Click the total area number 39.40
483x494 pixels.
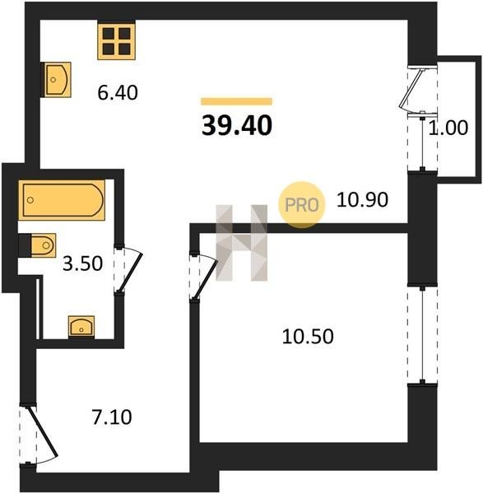coord(237,125)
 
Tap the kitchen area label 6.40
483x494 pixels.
coord(118,92)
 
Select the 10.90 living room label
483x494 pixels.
coord(362,200)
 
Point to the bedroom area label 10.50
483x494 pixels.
coord(308,336)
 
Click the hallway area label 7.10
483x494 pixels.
coord(112,417)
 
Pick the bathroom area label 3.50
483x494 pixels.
coord(82,263)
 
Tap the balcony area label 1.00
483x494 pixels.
coord(448,128)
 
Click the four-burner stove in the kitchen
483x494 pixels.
coord(117,41)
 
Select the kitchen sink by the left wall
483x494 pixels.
coord(56,80)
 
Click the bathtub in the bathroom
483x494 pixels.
coord(62,200)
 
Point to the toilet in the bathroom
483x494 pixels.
coord(38,245)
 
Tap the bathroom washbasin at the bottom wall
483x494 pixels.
coord(81,327)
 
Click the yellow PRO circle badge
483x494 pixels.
coord(302,205)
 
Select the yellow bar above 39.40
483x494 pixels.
coord(237,101)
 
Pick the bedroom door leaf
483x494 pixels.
coord(205,280)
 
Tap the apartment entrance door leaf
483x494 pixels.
coord(43,431)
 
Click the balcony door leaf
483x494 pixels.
coord(411,88)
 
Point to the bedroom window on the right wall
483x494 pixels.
coord(422,334)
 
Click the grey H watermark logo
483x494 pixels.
coord(242,243)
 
